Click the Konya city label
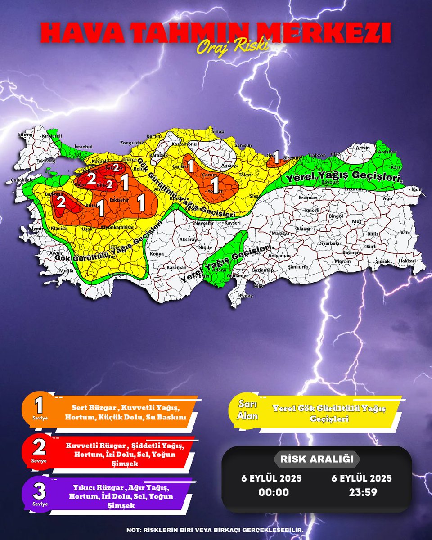point(157,254)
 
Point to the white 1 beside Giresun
point(276,155)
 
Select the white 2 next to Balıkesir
point(61,202)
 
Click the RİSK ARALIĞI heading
point(317,459)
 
